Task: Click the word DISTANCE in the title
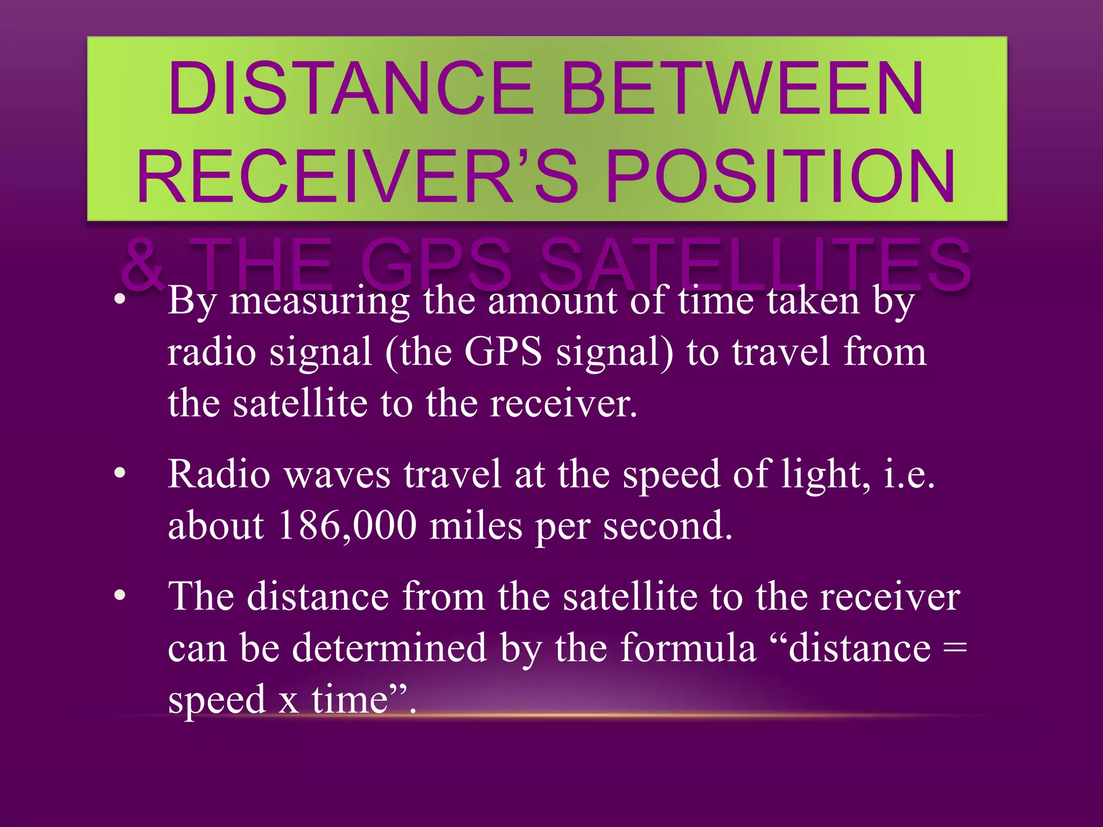[351, 89]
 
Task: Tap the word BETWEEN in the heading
[743, 89]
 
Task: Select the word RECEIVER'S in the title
[358, 177]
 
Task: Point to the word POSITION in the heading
[781, 177]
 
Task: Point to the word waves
[337, 475]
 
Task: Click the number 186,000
[347, 525]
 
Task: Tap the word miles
[476, 525]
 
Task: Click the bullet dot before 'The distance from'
[120, 595]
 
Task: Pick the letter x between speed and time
[289, 701]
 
